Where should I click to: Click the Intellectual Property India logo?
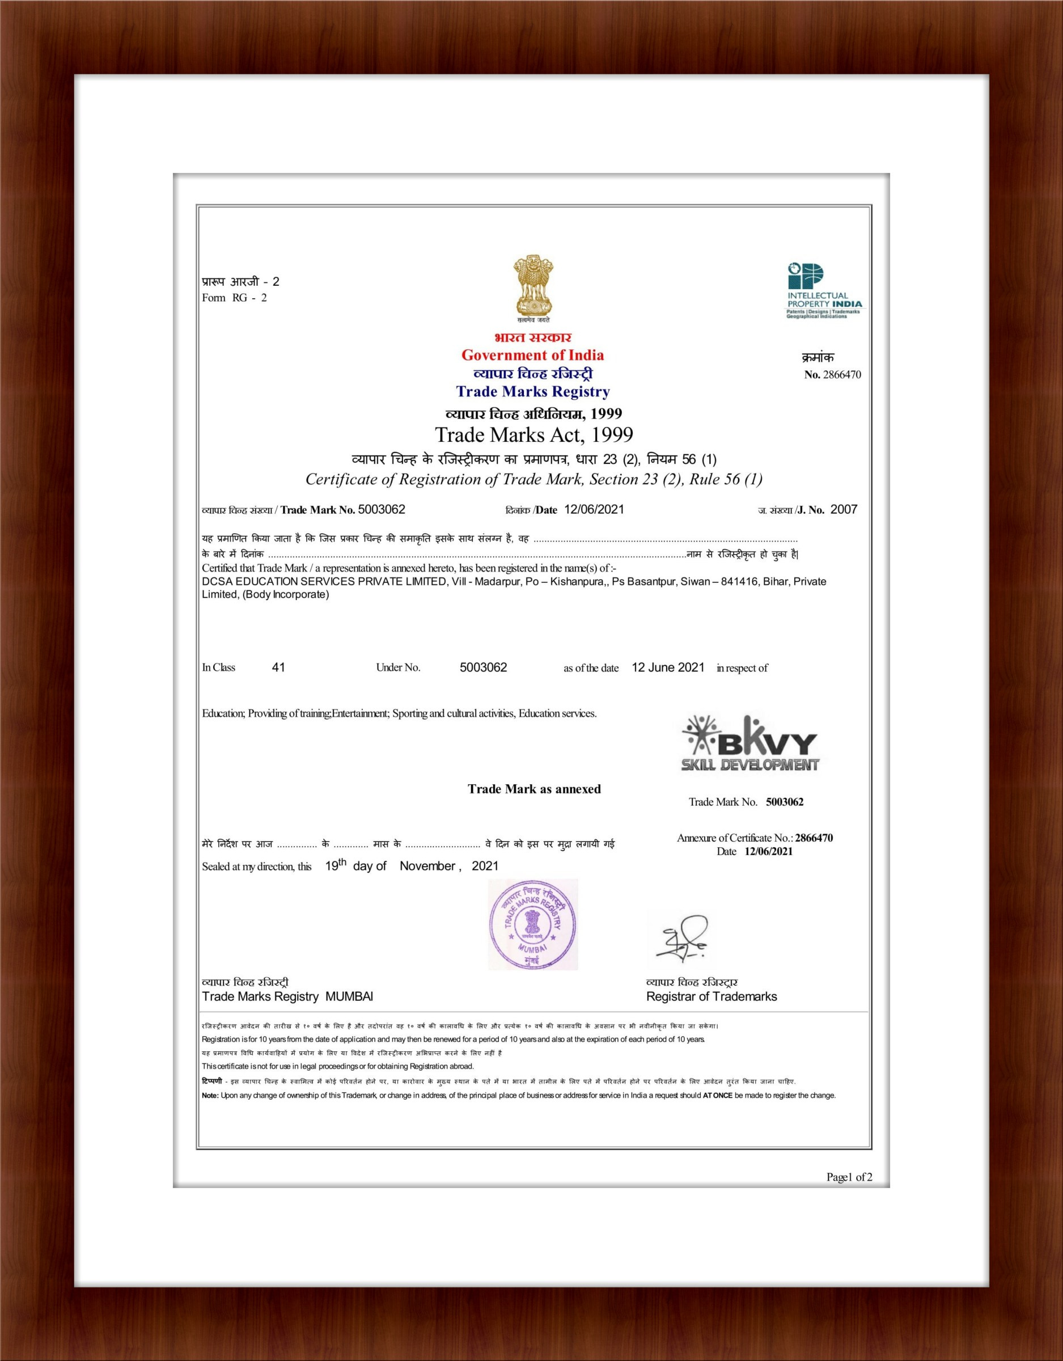(x=824, y=290)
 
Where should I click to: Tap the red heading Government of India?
(x=532, y=355)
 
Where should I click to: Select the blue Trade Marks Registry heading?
(x=533, y=392)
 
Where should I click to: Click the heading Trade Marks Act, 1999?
(x=533, y=434)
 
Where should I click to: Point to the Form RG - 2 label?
(x=234, y=298)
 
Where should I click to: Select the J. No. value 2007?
(x=844, y=510)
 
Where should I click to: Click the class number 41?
(x=278, y=667)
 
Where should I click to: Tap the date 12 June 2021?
(x=667, y=667)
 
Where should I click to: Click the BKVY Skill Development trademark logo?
(x=750, y=743)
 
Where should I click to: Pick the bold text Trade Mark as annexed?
(x=534, y=789)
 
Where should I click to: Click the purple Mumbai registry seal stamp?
(x=532, y=925)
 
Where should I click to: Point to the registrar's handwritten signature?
(x=681, y=937)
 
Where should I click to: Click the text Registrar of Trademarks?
(x=712, y=996)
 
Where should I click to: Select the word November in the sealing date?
(x=427, y=866)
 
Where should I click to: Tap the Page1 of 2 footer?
(x=849, y=1177)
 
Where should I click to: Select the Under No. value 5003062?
(x=483, y=667)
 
